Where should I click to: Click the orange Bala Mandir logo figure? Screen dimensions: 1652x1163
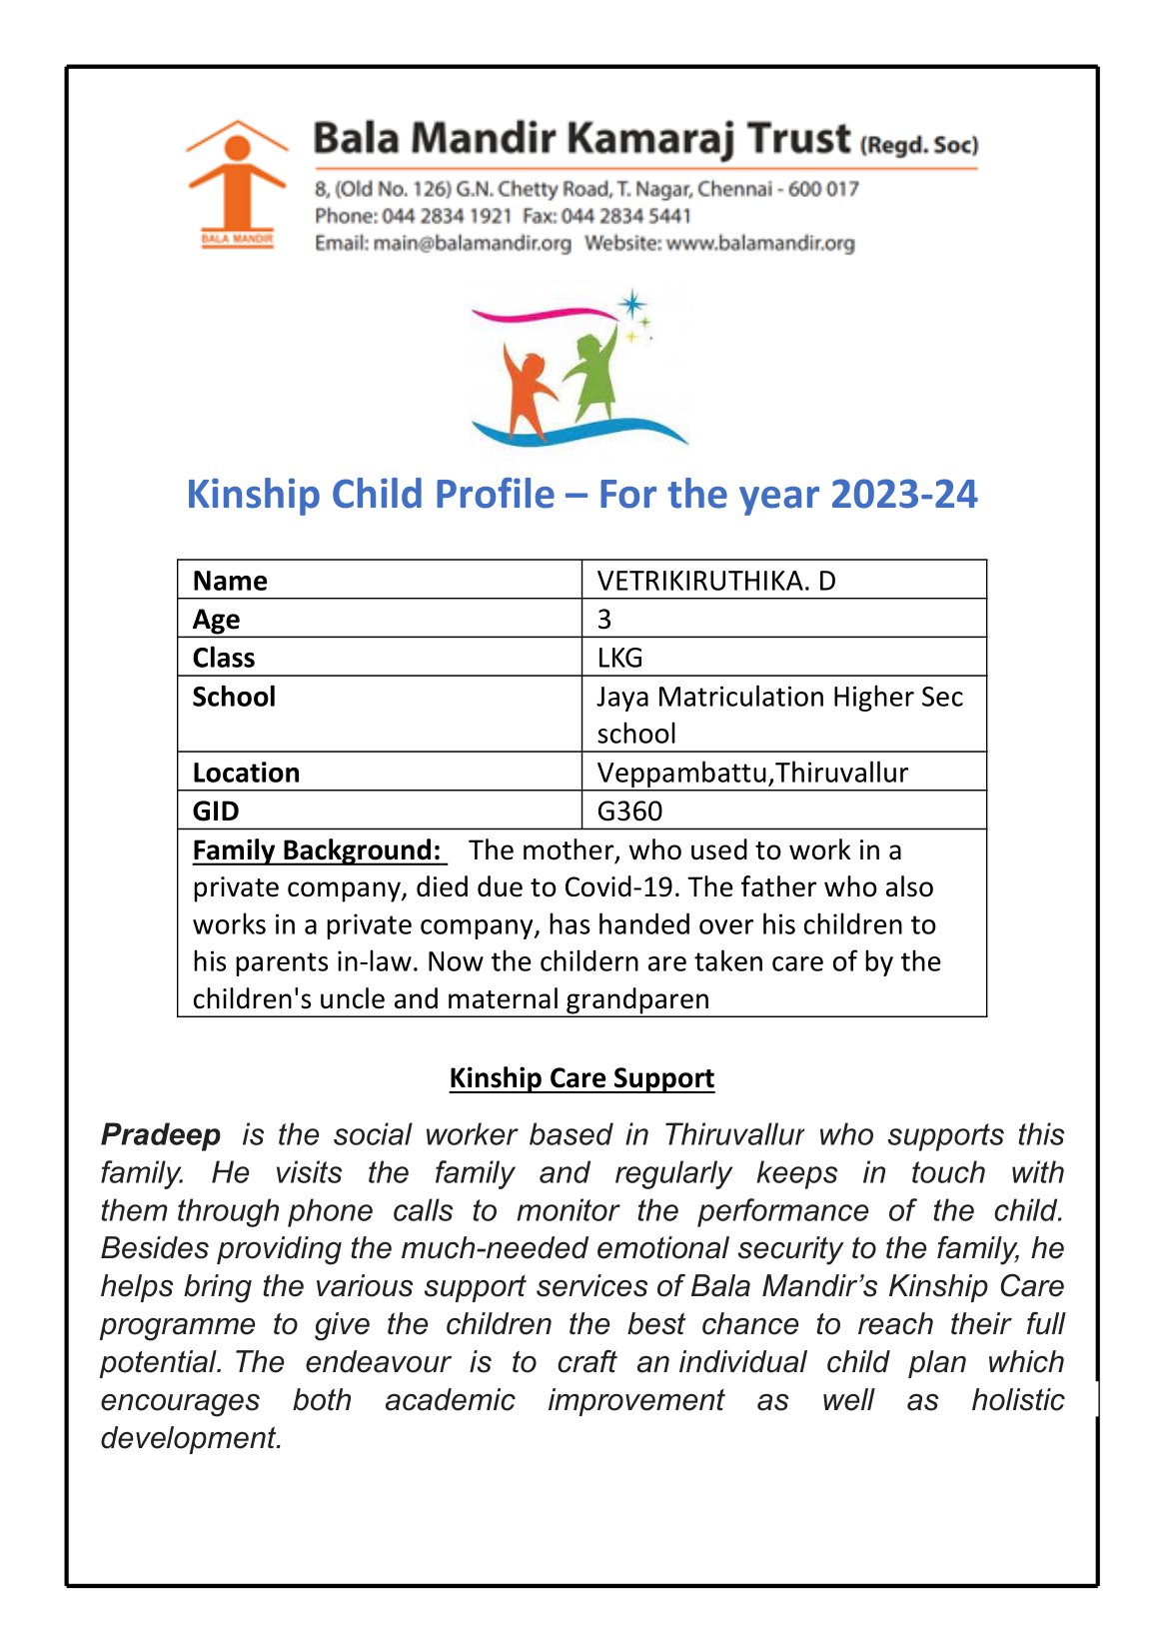236,185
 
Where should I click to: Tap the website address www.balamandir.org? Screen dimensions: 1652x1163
760,243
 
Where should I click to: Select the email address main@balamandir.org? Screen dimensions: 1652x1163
472,243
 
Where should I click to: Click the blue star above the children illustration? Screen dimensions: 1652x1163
631,303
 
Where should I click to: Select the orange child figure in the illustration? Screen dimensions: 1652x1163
527,392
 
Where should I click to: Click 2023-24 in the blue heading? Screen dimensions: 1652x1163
903,495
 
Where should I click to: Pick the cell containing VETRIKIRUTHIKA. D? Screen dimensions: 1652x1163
715,581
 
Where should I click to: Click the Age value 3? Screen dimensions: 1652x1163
604,619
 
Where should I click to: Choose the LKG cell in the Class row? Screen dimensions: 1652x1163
619,658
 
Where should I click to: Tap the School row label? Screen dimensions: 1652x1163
234,697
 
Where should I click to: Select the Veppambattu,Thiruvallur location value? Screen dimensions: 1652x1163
752,773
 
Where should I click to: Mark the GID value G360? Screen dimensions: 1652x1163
629,811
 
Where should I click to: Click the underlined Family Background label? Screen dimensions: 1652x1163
317,849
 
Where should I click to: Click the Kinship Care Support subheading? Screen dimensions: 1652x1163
581,1077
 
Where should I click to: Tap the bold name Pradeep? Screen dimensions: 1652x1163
161,1134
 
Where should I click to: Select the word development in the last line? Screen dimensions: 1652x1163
191,1437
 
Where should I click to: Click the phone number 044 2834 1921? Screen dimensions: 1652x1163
447,216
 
